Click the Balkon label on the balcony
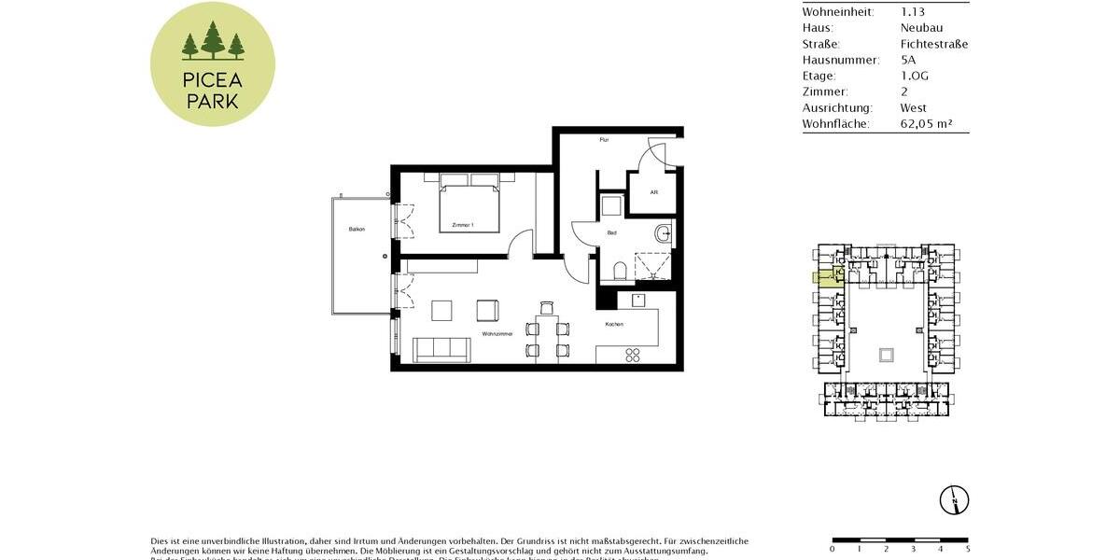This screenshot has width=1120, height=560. tap(357, 229)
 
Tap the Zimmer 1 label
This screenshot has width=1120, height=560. tap(463, 225)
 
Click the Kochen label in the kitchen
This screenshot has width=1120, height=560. tap(614, 324)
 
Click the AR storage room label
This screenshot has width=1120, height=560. tap(654, 192)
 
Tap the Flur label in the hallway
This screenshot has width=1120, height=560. tap(604, 140)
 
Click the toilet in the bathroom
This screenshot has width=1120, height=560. tap(621, 272)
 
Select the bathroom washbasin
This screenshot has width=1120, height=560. tap(663, 232)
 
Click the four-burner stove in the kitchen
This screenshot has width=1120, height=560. tap(632, 355)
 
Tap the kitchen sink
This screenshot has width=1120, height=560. tap(638, 300)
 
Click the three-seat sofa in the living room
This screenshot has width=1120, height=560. tap(441, 349)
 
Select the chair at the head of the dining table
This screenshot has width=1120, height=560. tap(547, 308)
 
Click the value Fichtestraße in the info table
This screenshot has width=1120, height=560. tap(933, 44)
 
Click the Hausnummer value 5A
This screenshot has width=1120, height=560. tap(908, 60)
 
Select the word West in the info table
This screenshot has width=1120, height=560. tap(913, 107)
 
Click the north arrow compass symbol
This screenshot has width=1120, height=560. tap(955, 500)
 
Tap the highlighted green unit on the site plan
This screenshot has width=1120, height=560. tap(824, 276)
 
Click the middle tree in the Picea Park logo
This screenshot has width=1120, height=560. tap(213, 41)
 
